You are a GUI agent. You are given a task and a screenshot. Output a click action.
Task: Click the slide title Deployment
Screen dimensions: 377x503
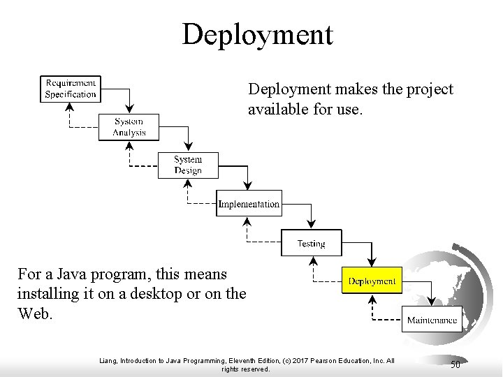point(257,34)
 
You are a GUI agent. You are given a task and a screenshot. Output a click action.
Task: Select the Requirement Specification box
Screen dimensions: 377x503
point(70,89)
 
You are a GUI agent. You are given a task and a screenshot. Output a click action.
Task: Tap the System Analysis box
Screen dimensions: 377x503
point(129,127)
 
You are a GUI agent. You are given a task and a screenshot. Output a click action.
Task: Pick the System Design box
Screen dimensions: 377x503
point(188,165)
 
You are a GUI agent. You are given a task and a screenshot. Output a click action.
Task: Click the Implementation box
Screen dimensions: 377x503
point(249,204)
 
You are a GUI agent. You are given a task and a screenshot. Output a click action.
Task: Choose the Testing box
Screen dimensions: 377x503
point(311,243)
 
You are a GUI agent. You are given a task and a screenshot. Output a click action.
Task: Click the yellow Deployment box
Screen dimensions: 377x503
point(372,281)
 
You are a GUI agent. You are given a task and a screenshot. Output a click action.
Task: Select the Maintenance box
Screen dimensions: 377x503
point(432,320)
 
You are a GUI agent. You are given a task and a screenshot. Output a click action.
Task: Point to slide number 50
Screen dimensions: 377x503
point(455,364)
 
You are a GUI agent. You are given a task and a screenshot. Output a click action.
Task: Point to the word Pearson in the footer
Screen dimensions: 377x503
point(323,360)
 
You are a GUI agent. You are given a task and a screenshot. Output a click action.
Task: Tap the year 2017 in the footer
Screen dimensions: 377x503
point(300,360)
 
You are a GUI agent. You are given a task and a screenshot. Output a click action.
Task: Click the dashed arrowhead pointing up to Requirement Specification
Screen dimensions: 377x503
point(70,106)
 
